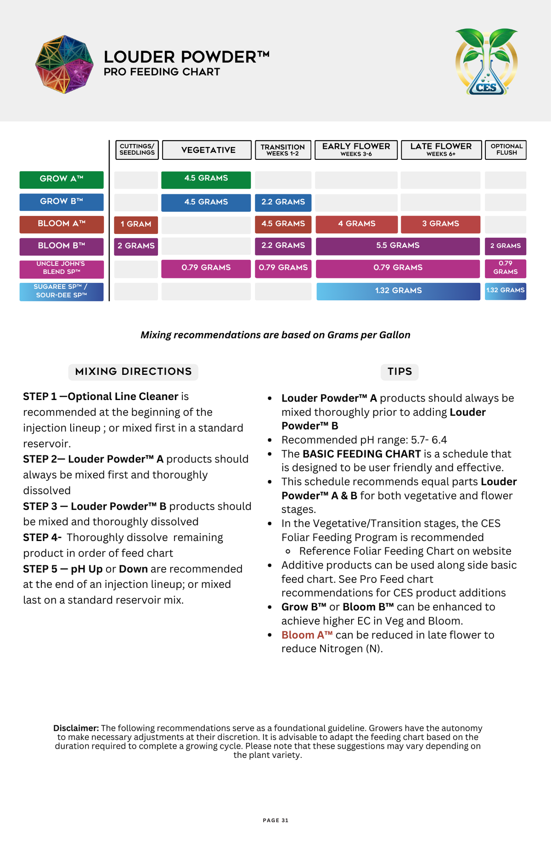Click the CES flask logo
486,62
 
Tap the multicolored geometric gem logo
64,64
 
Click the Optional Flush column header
506,150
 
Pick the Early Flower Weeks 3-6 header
356,150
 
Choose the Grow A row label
62,179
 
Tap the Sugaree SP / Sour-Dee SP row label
62,291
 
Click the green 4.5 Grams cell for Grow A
206,179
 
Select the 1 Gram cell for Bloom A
136,224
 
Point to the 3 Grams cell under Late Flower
440,224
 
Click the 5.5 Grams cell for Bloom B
398,246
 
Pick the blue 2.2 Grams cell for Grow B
283,202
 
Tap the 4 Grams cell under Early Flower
356,224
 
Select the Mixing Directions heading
133,372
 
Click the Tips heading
399,372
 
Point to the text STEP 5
40,569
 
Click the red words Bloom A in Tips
307,635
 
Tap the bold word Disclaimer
76,728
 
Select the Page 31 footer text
275,820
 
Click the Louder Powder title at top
186,57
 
